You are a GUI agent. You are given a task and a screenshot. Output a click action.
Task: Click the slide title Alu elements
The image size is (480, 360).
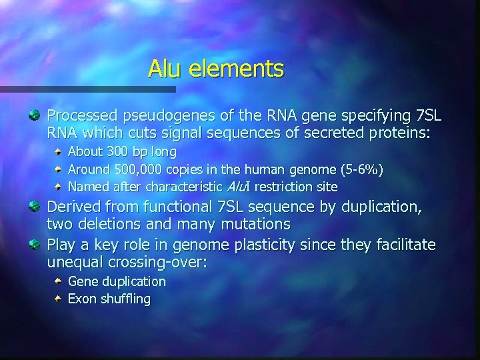tap(216, 68)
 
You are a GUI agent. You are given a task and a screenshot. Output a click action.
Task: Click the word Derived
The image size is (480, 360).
tap(73, 207)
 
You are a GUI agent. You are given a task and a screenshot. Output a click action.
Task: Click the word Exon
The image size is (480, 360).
tap(83, 299)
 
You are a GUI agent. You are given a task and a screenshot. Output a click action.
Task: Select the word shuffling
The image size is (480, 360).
tap(125, 299)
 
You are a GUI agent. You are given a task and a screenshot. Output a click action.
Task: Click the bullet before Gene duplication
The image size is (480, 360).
tap(59, 282)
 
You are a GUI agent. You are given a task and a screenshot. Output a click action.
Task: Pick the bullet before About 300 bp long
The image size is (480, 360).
tap(59, 152)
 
